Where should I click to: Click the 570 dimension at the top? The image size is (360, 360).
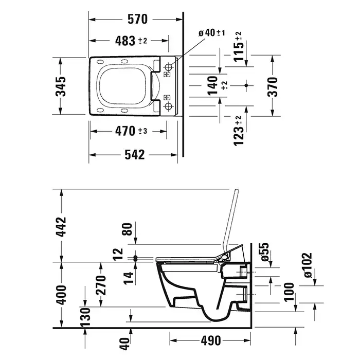point(137,20)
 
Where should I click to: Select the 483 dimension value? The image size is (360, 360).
point(125,41)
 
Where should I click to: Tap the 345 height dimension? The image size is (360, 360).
point(61,86)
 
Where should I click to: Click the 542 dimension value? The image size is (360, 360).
point(135,155)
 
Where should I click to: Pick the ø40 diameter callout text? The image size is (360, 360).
point(212,33)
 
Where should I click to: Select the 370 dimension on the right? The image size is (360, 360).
point(273,87)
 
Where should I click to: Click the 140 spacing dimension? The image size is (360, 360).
point(212,86)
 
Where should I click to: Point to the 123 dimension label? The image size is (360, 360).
point(238,133)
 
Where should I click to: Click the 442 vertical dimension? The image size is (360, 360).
point(61,227)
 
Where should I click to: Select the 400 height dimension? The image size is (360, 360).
point(61,295)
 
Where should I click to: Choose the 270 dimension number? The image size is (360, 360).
point(101,285)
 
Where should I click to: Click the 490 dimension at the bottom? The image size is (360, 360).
point(211,340)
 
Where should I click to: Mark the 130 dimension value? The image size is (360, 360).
point(85,317)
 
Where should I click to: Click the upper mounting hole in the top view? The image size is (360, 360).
point(169,66)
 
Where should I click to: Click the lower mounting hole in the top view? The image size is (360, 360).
point(169,106)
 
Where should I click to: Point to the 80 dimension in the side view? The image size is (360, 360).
point(128,229)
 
